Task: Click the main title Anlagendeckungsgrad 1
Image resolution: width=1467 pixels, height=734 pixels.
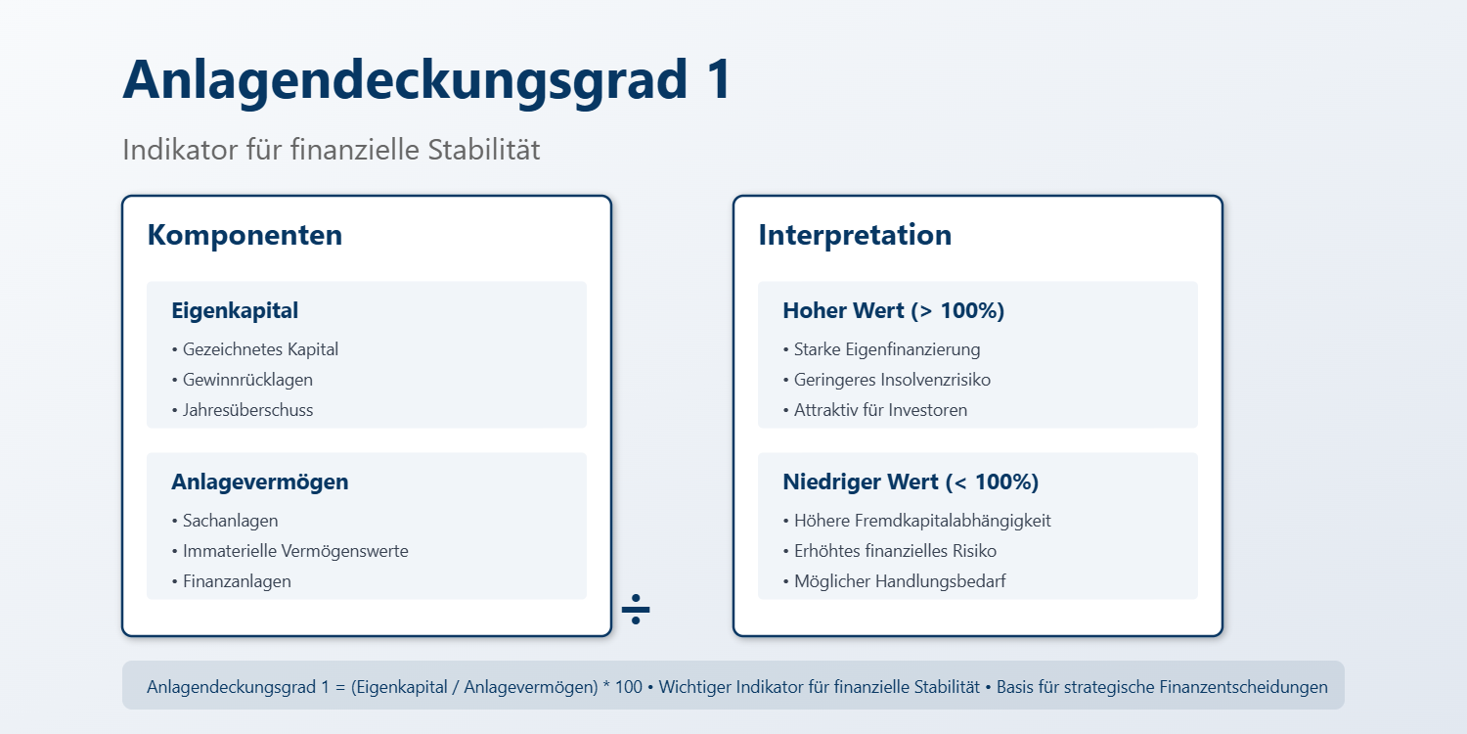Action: (426, 78)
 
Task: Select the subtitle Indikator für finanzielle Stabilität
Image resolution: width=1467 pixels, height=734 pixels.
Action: (331, 150)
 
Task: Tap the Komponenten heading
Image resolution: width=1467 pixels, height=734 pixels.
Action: (244, 235)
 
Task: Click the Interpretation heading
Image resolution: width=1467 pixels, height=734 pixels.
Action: (855, 235)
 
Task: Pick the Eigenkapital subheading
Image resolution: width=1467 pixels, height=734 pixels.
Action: (235, 311)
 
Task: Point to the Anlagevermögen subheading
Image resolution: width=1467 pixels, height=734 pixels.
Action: (259, 482)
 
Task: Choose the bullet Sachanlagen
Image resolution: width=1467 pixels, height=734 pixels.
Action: (230, 521)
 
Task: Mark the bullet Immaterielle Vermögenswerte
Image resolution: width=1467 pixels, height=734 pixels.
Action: (294, 551)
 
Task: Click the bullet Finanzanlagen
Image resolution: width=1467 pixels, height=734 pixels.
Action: (236, 581)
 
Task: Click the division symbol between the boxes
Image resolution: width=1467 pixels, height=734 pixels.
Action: (636, 609)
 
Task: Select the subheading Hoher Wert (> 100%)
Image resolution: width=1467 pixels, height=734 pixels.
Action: (893, 311)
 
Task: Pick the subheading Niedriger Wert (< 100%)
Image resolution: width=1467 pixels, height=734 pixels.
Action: (911, 482)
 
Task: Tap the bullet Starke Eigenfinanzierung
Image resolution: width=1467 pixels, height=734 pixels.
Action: (886, 349)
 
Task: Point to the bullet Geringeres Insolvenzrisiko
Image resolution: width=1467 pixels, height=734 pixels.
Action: (892, 380)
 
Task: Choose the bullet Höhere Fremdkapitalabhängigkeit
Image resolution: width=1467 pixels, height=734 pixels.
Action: (921, 521)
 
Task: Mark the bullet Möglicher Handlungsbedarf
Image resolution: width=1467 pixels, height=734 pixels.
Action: (899, 581)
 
